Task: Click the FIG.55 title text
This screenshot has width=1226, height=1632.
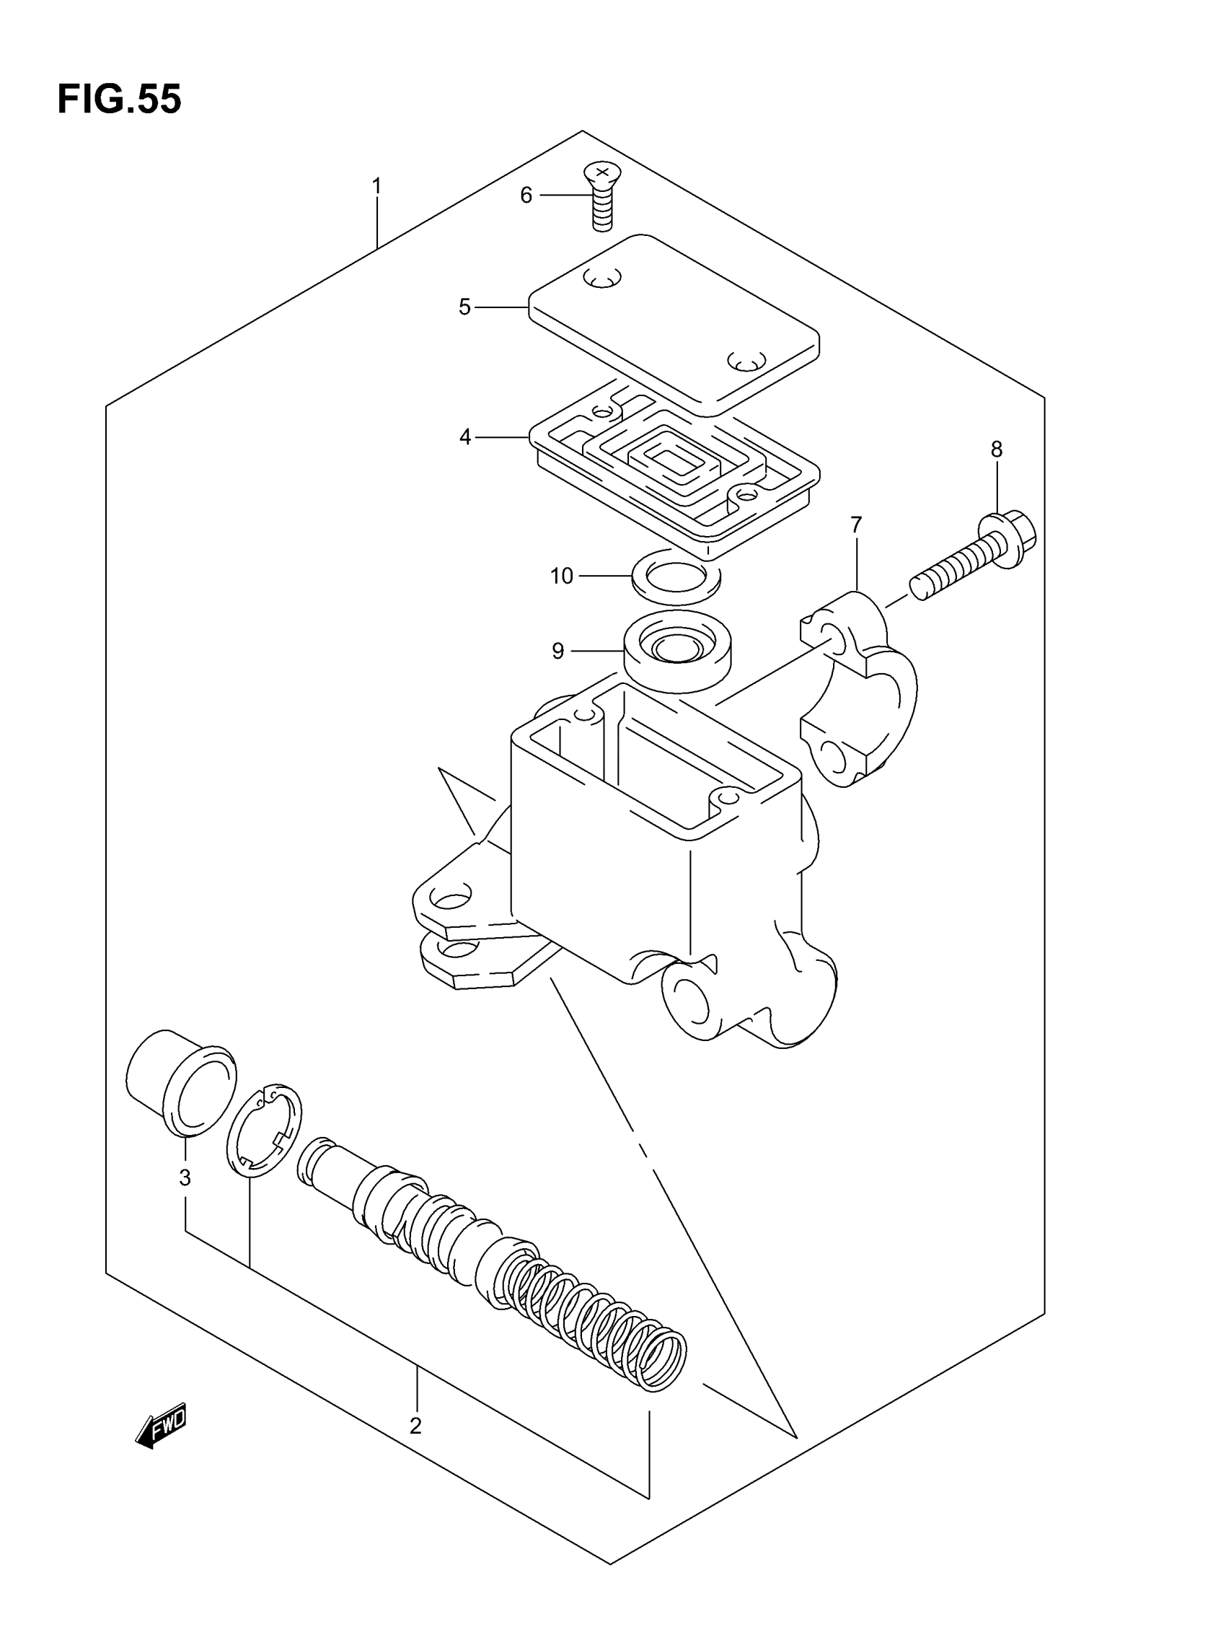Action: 119,99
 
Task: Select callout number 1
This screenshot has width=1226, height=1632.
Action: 376,186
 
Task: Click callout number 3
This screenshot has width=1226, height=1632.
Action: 185,1177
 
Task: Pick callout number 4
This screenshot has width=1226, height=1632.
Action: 464,437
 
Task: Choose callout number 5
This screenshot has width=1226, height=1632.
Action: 464,307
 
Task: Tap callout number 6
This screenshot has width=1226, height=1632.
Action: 526,196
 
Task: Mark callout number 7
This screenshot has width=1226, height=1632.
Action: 856,525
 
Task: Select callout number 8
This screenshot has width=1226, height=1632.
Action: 996,449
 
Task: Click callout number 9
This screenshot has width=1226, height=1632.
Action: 557,651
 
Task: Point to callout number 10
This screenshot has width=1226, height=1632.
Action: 561,576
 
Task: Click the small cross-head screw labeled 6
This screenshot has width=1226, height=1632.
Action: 602,196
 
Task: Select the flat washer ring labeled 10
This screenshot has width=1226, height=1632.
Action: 676,576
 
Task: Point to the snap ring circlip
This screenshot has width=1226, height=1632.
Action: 264,1129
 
